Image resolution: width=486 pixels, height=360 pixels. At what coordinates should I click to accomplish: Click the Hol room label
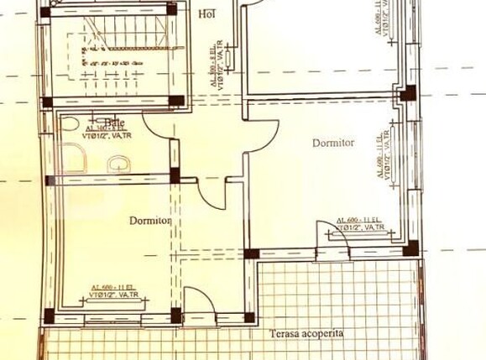[206, 14]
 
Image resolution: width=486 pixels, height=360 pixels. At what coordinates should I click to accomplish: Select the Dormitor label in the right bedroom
[333, 143]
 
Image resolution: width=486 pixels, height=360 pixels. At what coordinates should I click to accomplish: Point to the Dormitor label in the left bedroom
[150, 221]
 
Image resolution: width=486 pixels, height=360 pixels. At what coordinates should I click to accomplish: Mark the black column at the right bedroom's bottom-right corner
[410, 248]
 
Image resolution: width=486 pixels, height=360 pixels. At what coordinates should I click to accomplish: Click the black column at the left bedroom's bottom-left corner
[49, 316]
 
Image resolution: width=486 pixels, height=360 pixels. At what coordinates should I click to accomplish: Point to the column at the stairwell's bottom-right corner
[176, 102]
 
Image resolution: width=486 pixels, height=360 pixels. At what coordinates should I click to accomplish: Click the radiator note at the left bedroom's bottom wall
[113, 291]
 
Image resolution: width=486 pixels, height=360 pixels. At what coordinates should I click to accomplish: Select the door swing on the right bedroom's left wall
[262, 134]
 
